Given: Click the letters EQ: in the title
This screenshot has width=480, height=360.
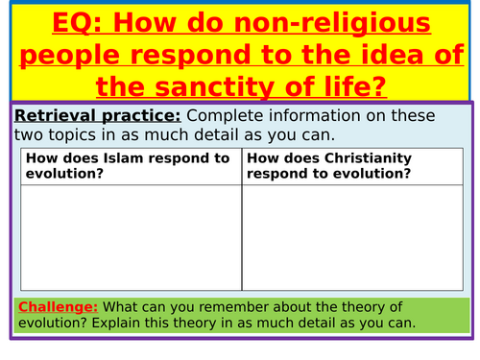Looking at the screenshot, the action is (x=77, y=23).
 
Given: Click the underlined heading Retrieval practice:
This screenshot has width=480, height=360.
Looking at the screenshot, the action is (x=98, y=116).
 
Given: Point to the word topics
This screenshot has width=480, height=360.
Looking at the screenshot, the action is (x=72, y=135).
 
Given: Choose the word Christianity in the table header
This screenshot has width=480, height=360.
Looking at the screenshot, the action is (x=368, y=159).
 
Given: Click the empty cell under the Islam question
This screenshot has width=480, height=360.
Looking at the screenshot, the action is (x=132, y=238).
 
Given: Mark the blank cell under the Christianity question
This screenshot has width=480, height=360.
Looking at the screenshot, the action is (x=352, y=238).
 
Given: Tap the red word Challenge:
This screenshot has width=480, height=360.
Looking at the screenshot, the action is (x=58, y=307).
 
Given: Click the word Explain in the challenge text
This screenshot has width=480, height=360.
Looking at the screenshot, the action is (x=115, y=324).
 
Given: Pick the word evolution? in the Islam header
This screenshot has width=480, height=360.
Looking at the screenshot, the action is (x=64, y=174).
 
